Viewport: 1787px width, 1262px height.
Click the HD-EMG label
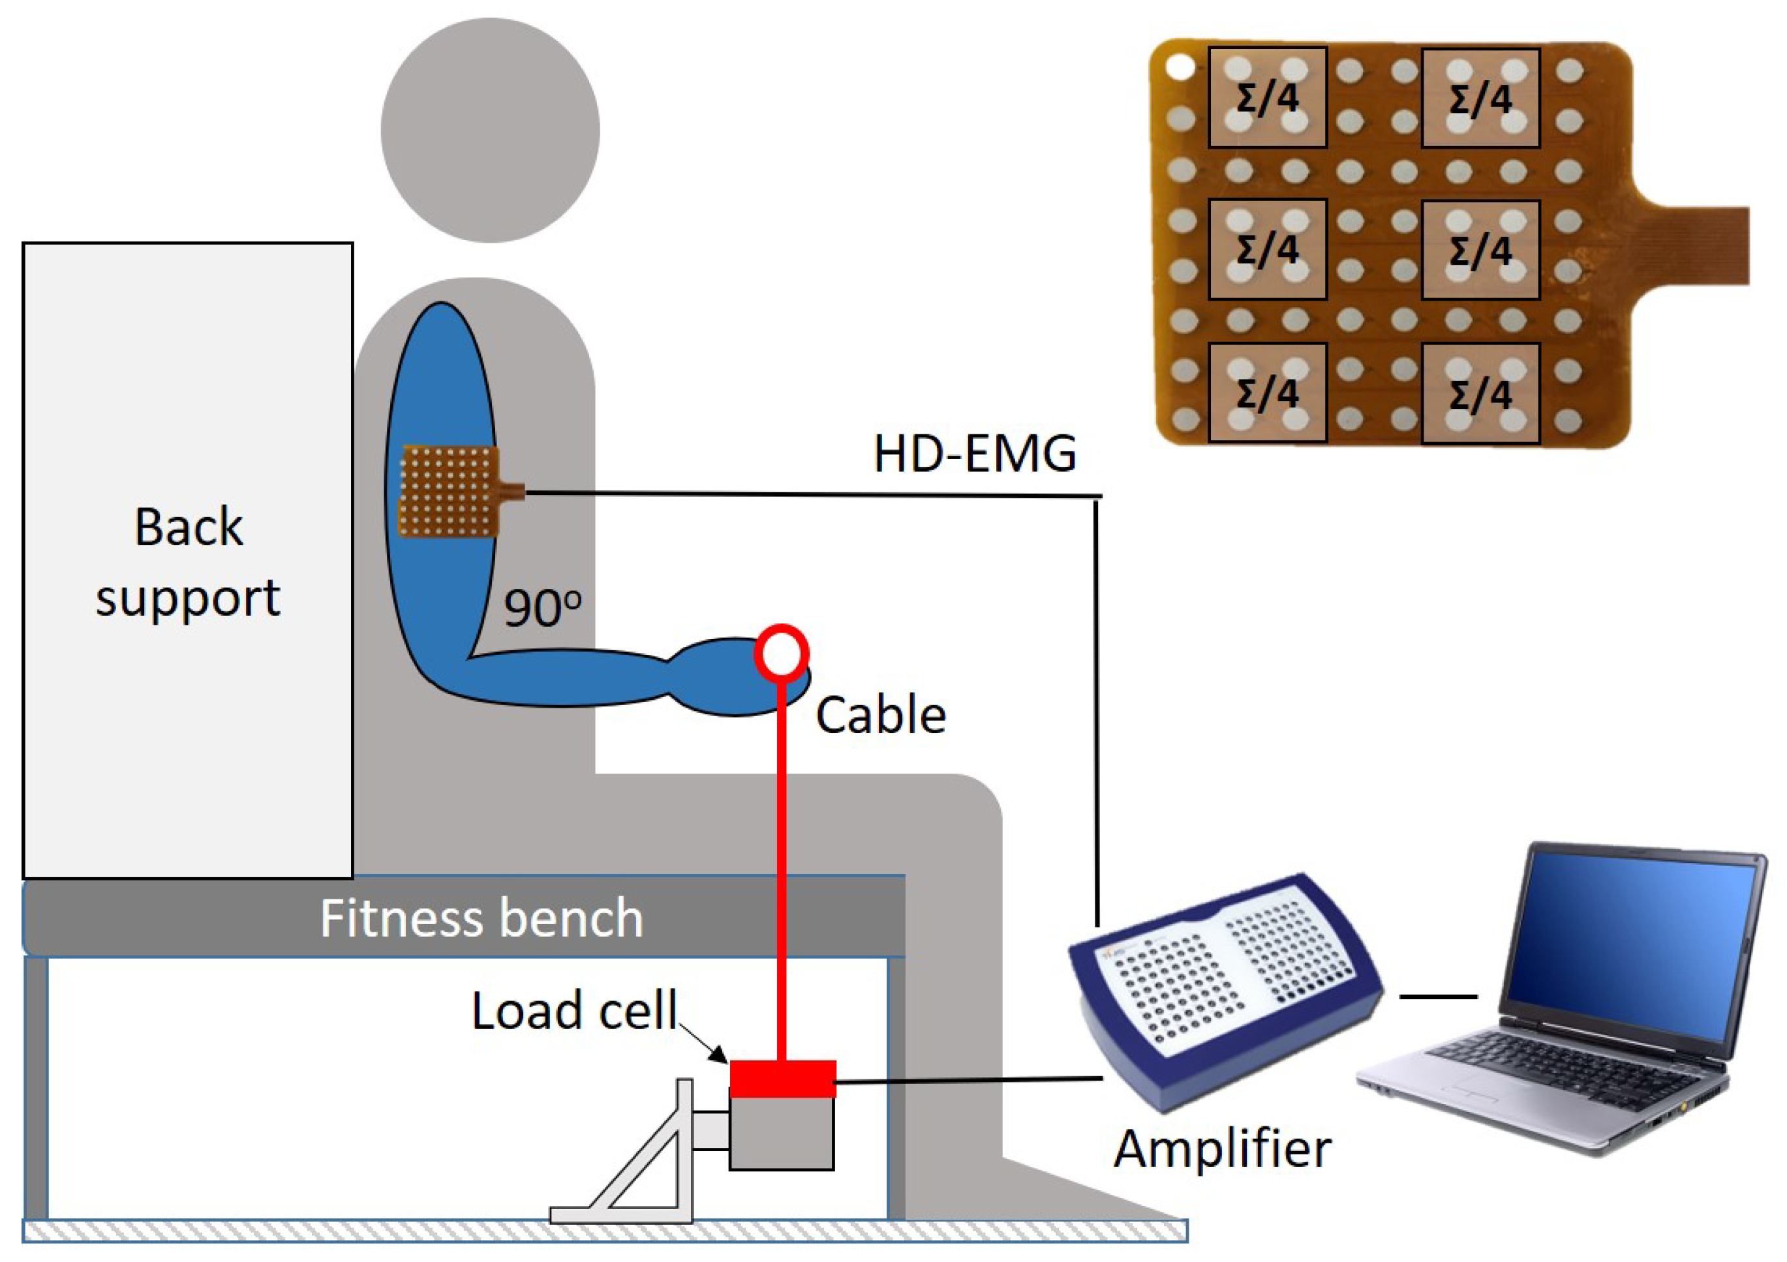coord(975,454)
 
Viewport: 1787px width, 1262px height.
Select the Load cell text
coord(574,1011)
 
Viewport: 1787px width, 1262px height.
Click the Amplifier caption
coord(1222,1149)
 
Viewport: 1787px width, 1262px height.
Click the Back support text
coord(189,562)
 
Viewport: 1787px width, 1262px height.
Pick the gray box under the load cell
coord(782,1133)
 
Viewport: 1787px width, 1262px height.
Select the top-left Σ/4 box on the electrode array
coord(1267,98)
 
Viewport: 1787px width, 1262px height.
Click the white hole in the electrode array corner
coord(1180,68)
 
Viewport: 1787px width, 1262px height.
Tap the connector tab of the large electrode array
coord(1705,245)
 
